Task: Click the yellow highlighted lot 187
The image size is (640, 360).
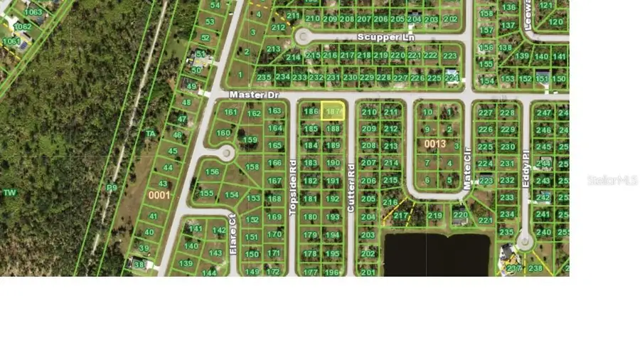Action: (x=333, y=112)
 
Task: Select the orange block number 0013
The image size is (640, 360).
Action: (x=435, y=144)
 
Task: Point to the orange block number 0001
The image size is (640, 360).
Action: (x=159, y=194)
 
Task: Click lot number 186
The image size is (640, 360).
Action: (x=311, y=112)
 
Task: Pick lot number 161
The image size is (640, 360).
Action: (x=230, y=112)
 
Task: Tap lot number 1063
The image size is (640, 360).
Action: (x=33, y=12)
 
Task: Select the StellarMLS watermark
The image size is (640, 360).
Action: (x=612, y=181)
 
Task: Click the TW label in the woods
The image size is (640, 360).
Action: (x=9, y=193)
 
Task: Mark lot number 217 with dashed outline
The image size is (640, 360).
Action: (x=401, y=216)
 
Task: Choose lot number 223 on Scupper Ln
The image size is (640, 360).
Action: (x=449, y=55)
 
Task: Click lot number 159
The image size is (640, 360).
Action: (x=250, y=140)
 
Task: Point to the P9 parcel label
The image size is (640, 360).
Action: (x=112, y=188)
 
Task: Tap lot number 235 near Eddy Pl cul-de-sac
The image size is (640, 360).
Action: (x=506, y=232)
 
